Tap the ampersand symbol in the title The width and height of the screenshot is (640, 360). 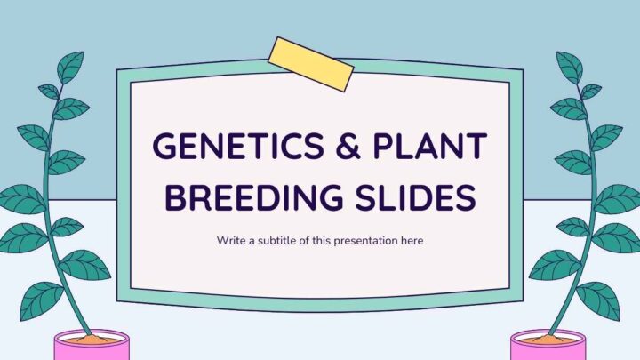[348, 146]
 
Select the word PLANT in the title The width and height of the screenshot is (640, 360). [430, 146]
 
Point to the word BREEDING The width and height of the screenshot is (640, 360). [253, 197]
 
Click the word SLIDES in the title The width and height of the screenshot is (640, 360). [415, 197]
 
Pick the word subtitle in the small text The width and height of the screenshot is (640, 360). [277, 240]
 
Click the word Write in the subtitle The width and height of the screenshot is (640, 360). [231, 240]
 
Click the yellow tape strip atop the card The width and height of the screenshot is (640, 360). [310, 65]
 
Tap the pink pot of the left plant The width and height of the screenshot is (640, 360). [92, 346]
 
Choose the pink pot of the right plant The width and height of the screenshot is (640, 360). [548, 346]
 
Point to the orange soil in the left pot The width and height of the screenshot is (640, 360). [92, 340]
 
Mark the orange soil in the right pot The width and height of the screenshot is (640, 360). [548, 340]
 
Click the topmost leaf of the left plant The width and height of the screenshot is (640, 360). [71, 66]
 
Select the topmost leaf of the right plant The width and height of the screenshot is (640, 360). [569, 66]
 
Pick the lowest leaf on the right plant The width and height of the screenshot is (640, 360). [598, 300]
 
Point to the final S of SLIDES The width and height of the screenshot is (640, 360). [466, 197]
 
